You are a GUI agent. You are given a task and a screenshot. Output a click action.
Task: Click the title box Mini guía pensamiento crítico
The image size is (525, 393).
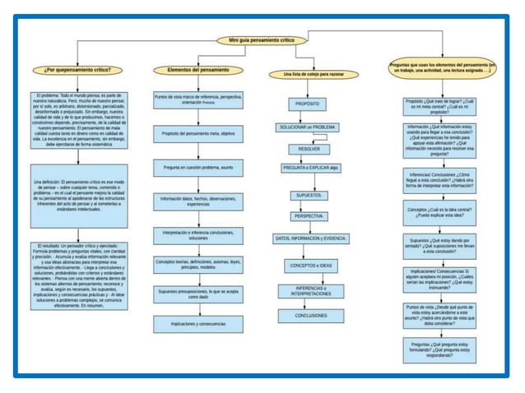[x=262, y=40]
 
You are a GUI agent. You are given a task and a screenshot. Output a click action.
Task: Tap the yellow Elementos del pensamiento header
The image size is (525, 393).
[x=197, y=71]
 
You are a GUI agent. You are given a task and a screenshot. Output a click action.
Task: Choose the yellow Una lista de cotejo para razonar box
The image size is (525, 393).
[x=308, y=75]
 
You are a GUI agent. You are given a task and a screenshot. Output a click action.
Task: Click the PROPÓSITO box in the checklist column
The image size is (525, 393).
[x=308, y=104]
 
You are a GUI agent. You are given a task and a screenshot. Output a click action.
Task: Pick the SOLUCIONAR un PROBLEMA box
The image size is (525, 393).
[x=308, y=127]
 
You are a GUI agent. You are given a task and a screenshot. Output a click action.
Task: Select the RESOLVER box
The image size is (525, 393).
[x=308, y=149]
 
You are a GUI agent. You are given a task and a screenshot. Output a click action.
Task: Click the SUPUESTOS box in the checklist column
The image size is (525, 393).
[x=308, y=195]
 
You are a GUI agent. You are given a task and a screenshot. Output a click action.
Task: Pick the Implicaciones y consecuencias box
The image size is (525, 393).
[x=197, y=324]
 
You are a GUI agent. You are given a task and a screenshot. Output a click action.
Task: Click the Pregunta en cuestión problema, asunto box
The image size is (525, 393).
[x=197, y=167]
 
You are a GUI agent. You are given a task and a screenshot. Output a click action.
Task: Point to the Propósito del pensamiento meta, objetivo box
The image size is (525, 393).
[x=197, y=133]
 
